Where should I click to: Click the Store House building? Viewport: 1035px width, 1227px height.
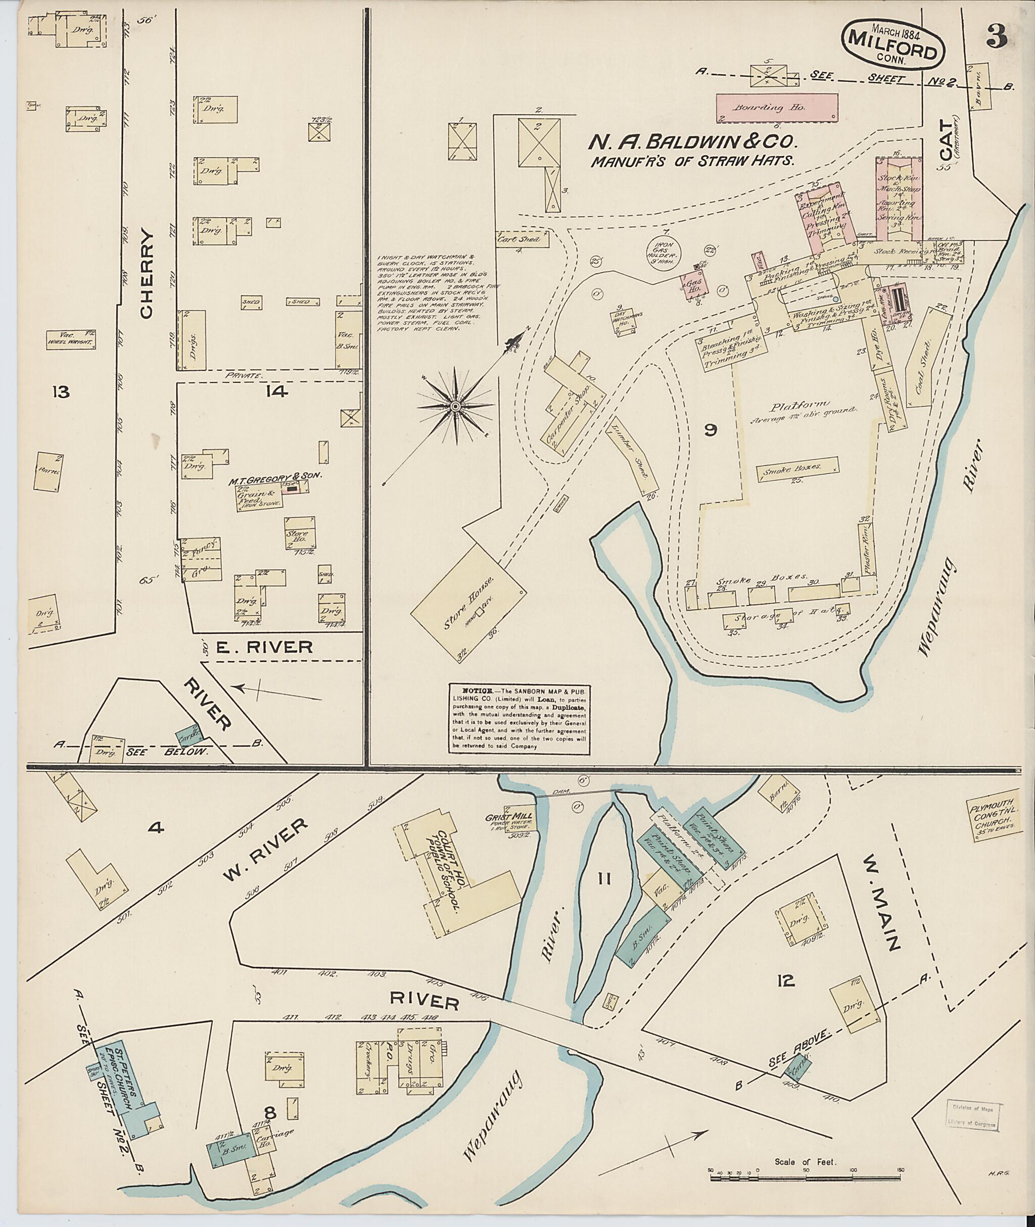coord(467,601)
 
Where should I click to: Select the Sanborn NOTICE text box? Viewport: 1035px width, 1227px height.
coord(520,718)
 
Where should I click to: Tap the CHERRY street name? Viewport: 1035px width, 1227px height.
coord(147,274)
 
